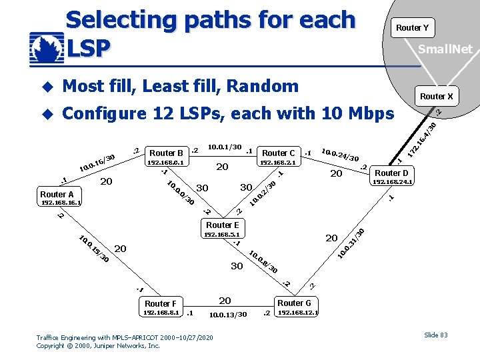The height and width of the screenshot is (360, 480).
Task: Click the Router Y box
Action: coord(412,27)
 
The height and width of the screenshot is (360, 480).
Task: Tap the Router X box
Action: coord(436,96)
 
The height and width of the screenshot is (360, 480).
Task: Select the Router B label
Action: coord(167,153)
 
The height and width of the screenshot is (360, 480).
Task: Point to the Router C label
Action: coord(279,153)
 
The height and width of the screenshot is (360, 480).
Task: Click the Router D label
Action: coord(391,173)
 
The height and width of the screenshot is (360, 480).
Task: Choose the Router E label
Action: coord(222,225)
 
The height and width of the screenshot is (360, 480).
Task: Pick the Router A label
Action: coord(57,194)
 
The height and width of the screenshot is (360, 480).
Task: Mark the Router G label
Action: coord(294,303)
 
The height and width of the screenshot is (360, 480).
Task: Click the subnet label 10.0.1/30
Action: coord(225,146)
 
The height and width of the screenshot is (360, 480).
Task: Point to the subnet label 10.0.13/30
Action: coord(227,315)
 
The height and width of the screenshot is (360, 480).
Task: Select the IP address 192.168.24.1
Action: coord(393,181)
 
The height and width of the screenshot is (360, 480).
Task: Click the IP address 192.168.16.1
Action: coord(61,202)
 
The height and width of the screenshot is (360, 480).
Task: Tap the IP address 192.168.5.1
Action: coord(222,234)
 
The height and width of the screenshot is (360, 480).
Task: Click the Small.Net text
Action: coord(445,49)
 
